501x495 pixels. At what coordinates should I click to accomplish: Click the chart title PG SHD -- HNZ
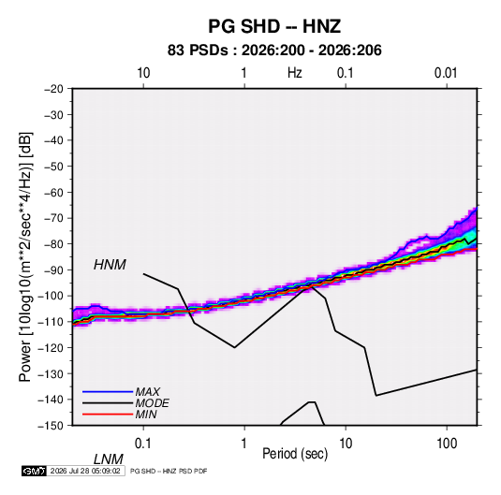coord(274,26)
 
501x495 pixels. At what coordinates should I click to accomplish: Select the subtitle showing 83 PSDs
coord(274,51)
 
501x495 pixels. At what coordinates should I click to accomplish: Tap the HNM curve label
coord(110,265)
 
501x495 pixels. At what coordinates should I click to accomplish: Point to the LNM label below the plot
coord(109,459)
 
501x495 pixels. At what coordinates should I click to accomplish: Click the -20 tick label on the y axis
coord(53,89)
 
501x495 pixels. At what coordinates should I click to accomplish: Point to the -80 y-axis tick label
coord(53,244)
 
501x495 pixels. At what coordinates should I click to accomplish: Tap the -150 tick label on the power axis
coord(51,426)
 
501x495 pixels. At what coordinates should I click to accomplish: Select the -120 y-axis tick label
coord(51,347)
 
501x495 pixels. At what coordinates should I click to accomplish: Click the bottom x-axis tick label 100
coord(447,444)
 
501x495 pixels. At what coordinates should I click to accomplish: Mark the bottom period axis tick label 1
coord(244,444)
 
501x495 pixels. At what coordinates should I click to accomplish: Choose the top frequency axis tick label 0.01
coord(446,73)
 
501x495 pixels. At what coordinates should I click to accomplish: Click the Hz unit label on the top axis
coord(295,73)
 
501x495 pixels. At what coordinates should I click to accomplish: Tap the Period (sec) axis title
coord(295,454)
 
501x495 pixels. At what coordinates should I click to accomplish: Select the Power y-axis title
coord(25,256)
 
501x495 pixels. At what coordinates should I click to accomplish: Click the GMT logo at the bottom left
coord(34,471)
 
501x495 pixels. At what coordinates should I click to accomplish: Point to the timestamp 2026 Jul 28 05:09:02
coord(85,471)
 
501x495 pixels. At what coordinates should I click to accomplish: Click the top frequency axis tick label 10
coord(143,73)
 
